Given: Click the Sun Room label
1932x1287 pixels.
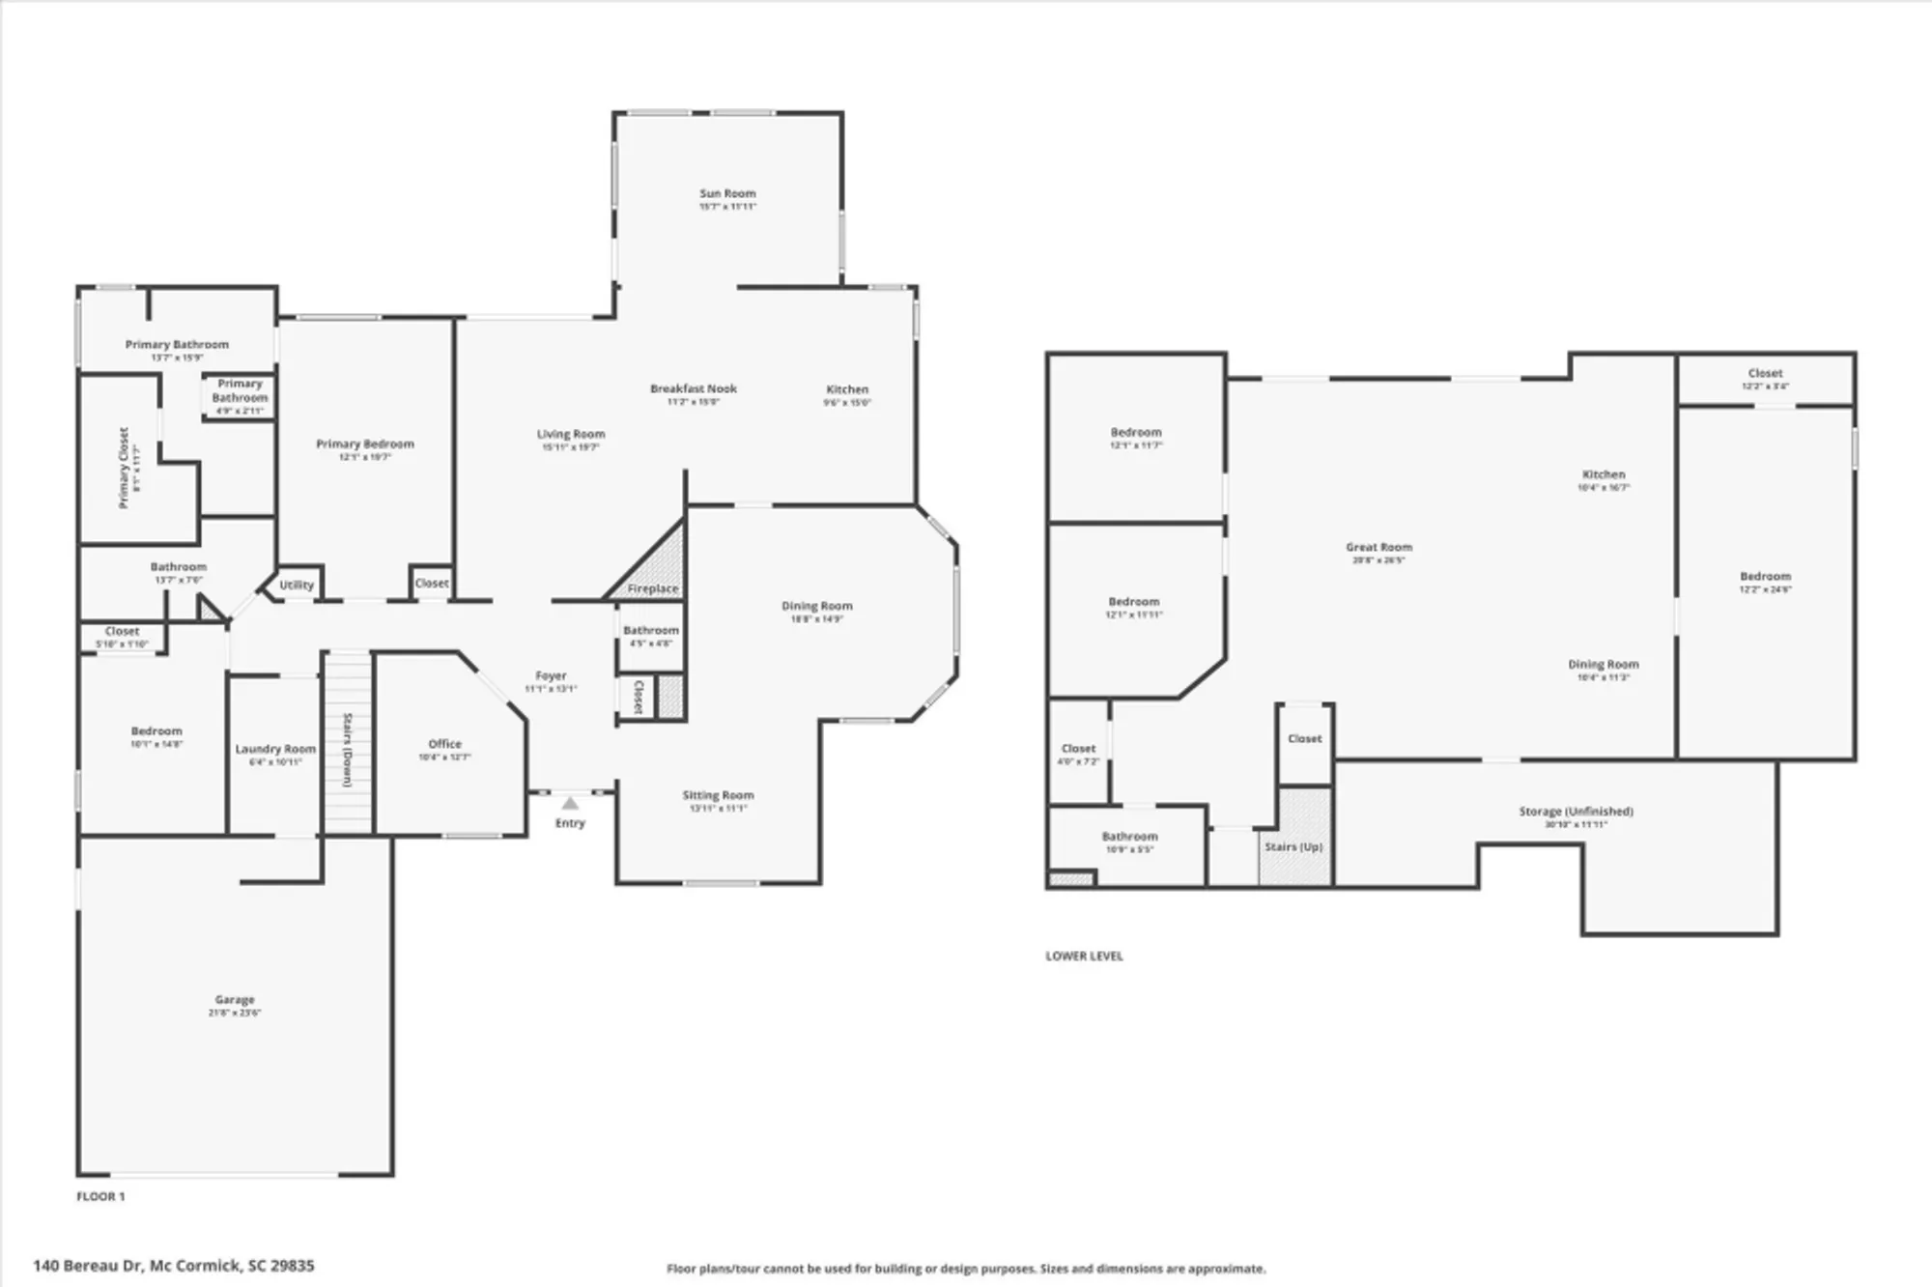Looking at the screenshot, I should point(727,194).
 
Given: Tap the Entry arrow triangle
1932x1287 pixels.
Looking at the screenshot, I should point(570,803).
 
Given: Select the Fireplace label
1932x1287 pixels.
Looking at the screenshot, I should point(653,588).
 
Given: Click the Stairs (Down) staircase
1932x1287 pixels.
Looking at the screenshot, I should point(347,744).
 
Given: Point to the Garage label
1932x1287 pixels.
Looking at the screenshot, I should point(235,1000).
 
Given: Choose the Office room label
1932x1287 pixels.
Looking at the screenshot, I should point(444,744).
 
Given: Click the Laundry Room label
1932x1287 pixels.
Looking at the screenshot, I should point(275,749).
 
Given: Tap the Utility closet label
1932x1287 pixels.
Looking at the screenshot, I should point(297,585).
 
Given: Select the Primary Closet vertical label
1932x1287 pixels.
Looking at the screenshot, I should point(124,468).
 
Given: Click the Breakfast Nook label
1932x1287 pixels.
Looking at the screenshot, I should point(693,388).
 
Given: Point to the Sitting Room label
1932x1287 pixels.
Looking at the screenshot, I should point(718,795).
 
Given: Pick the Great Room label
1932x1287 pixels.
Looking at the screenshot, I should point(1378,547).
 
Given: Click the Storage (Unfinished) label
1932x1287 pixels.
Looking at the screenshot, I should point(1576,812).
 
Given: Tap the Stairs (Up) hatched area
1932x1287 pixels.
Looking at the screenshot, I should point(1294,837).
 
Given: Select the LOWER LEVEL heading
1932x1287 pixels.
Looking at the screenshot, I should point(1084,956).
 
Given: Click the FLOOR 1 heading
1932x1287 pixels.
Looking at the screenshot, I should point(100,1196).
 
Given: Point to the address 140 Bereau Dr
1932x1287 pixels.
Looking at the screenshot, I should point(174,1265).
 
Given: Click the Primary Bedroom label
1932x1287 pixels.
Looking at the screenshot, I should point(365,444).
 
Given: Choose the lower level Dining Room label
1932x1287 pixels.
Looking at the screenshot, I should point(1603,665).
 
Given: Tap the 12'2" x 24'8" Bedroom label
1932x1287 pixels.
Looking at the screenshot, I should point(1765,577).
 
